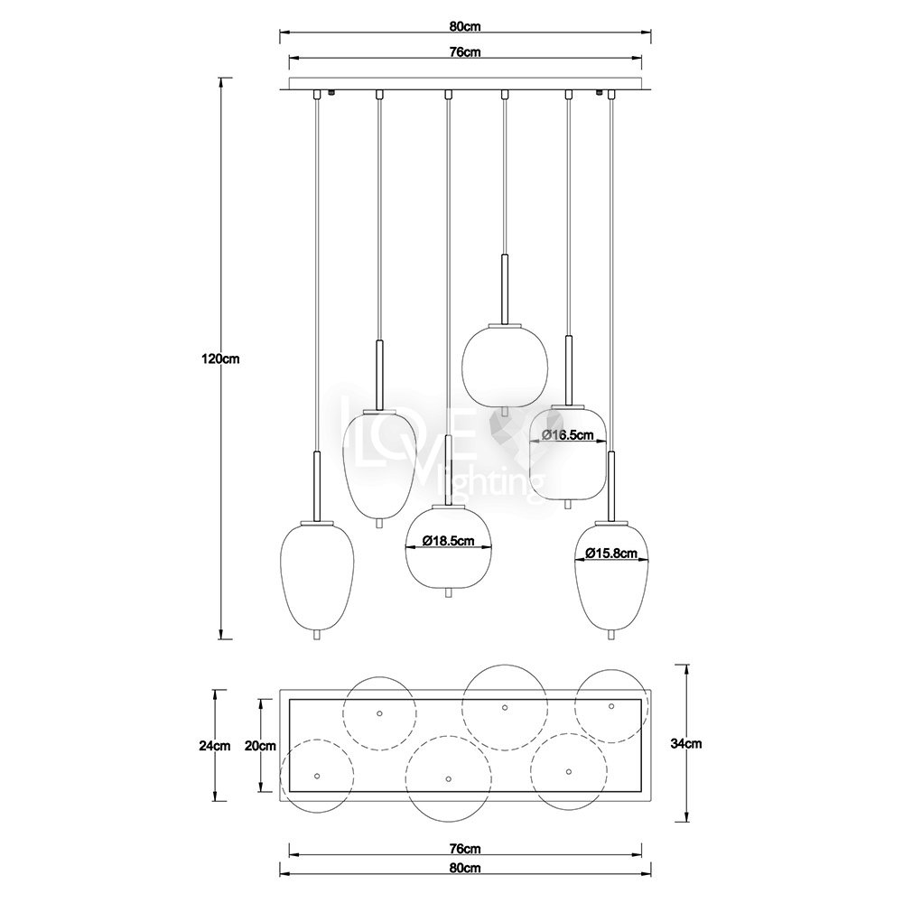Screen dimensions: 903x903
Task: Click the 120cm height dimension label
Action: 220,358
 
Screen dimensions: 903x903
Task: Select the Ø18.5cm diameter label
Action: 449,541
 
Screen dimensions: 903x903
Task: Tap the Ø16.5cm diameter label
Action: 567,435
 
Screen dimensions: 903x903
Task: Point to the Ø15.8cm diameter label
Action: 611,553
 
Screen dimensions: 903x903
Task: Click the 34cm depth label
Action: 686,743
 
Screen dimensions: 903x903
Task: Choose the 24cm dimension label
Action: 215,746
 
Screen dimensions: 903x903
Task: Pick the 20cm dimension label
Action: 260,746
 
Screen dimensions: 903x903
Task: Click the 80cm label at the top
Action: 465,26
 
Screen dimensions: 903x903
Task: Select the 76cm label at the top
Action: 465,51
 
